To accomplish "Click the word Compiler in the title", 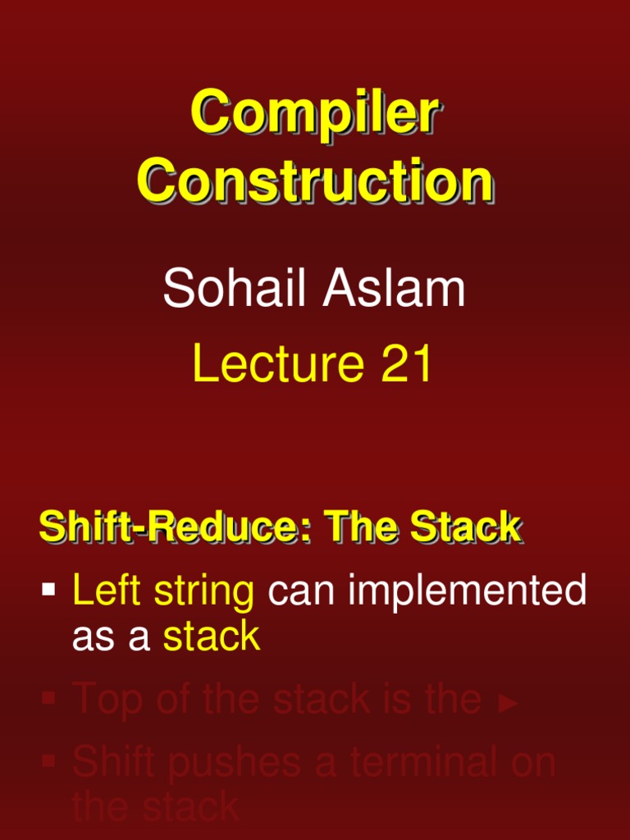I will tap(315, 114).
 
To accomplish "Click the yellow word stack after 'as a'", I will tap(212, 637).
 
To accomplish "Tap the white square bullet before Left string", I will tap(49, 589).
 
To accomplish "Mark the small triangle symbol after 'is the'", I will tap(509, 704).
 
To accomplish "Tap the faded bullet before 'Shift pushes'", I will tap(49, 761).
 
